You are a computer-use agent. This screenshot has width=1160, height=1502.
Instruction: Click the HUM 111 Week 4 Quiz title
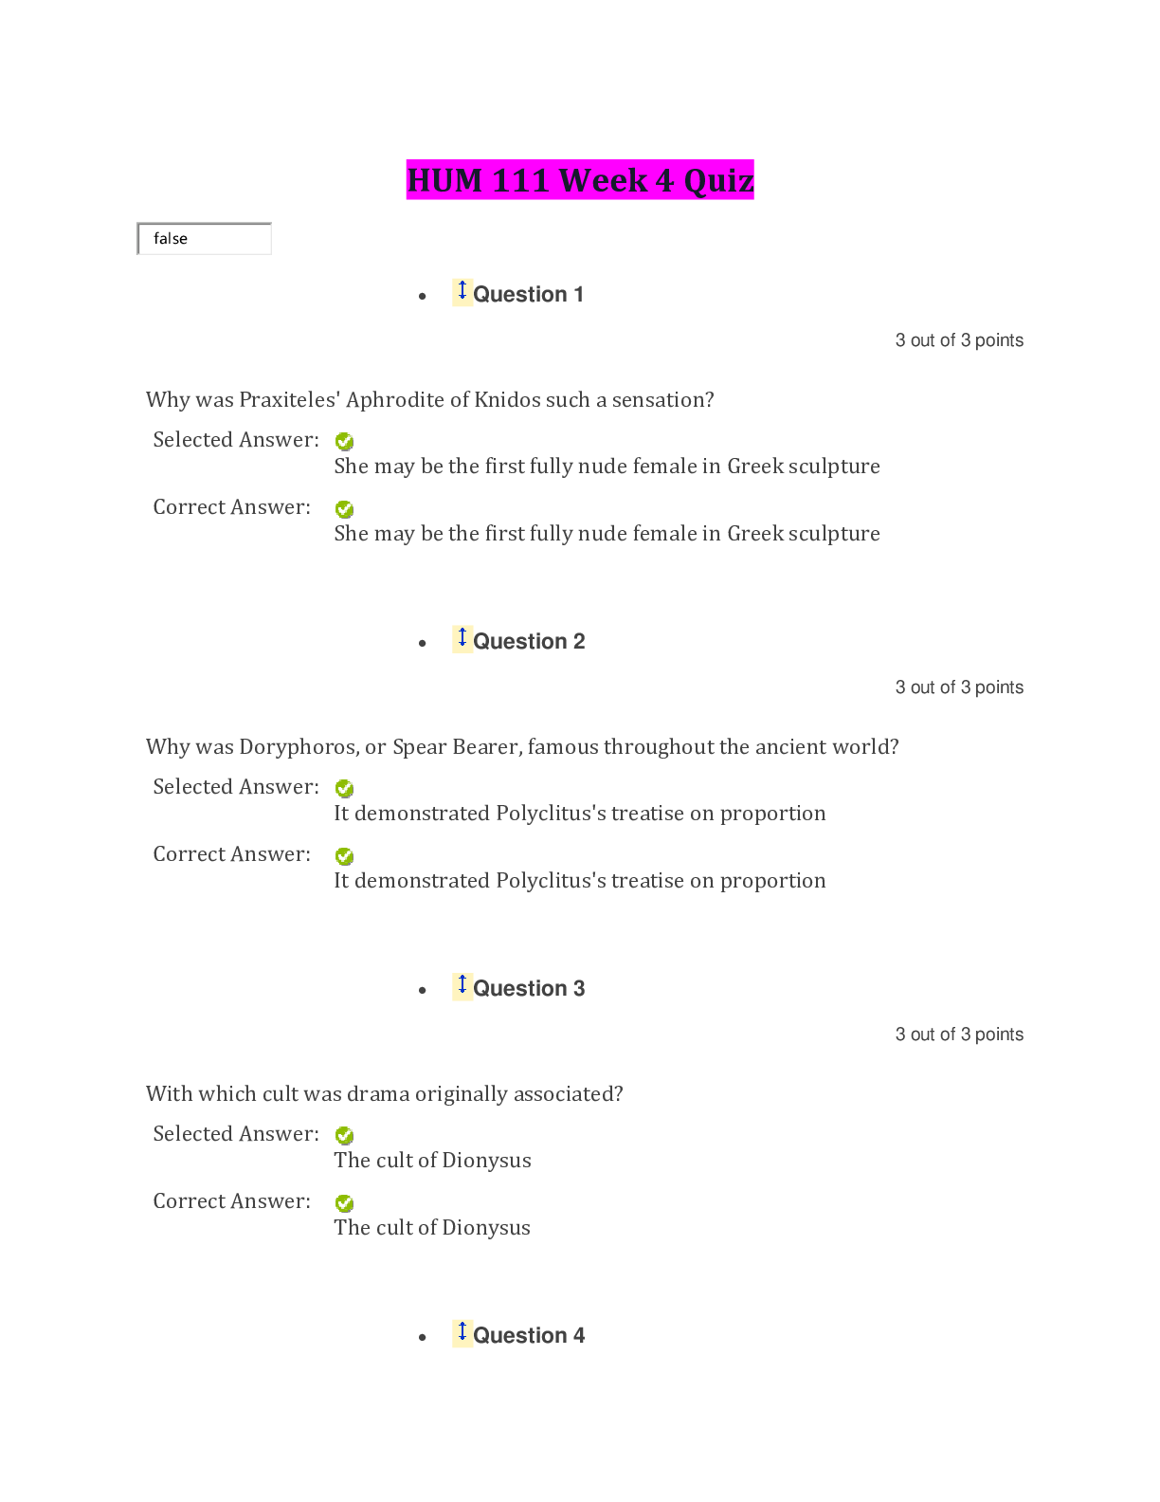[x=580, y=180]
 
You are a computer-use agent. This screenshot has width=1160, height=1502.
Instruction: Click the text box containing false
[x=205, y=239]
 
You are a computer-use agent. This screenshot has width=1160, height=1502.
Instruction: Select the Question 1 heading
[x=528, y=295]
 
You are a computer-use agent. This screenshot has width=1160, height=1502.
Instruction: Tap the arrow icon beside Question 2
[x=462, y=638]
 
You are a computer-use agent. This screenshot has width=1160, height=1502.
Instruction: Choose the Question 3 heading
[x=529, y=989]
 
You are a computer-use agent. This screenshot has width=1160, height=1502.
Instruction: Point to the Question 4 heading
[x=529, y=1336]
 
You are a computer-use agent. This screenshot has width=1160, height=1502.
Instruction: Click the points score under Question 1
[x=959, y=340]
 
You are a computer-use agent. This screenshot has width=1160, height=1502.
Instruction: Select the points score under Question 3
[x=959, y=1035]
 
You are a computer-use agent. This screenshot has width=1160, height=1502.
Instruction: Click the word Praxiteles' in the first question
[x=289, y=400]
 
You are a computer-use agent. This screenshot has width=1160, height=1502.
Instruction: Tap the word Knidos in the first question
[x=507, y=400]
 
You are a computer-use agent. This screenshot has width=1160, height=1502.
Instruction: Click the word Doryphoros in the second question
[x=299, y=747]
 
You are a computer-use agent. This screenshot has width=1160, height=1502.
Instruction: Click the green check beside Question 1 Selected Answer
[x=345, y=442]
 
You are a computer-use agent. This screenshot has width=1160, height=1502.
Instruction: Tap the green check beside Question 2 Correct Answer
[x=345, y=856]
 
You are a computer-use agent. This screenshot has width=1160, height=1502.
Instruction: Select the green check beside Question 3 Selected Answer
[x=345, y=1136]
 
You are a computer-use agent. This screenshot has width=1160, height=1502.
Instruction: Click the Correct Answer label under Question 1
[x=232, y=507]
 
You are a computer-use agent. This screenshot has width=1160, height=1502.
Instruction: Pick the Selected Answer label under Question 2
[x=236, y=787]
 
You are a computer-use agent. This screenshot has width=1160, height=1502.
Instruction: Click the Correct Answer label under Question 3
[x=232, y=1201]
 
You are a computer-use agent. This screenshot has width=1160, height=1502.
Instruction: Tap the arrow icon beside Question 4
[x=462, y=1332]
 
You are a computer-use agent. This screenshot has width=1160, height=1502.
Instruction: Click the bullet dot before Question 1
[x=423, y=297]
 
